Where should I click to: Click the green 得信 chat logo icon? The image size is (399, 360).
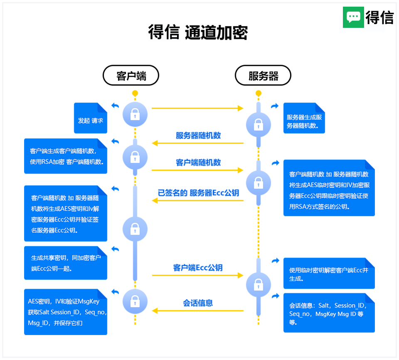pyautogui.click(x=353, y=17)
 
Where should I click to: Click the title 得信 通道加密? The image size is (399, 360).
pyautogui.click(x=198, y=32)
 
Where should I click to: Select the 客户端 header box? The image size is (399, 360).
pyautogui.click(x=131, y=76)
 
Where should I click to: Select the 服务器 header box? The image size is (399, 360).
pyautogui.click(x=263, y=76)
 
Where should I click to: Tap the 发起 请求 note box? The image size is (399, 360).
pyautogui.click(x=90, y=120)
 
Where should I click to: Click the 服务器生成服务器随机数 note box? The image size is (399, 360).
pyautogui.click(x=304, y=121)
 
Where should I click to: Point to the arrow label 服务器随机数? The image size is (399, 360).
pyautogui.click(x=198, y=136)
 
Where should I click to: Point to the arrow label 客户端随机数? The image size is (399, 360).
pyautogui.click(x=198, y=162)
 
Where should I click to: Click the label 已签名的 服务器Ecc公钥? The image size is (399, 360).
pyautogui.click(x=198, y=193)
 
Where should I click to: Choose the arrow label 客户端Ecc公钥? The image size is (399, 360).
pyautogui.click(x=198, y=268)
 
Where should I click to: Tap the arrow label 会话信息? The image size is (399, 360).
pyautogui.click(x=198, y=303)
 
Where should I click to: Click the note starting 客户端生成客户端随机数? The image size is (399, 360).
pyautogui.click(x=66, y=156)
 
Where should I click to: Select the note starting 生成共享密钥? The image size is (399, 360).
pyautogui.click(x=66, y=263)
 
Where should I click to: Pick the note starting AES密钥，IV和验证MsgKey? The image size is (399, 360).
pyautogui.click(x=66, y=312)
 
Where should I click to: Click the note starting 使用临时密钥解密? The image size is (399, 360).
pyautogui.click(x=329, y=274)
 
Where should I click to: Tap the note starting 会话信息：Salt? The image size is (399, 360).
pyautogui.click(x=329, y=313)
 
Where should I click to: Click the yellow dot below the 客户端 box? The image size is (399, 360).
pyautogui.click(x=135, y=93)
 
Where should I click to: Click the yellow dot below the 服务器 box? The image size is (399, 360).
pyautogui.click(x=259, y=93)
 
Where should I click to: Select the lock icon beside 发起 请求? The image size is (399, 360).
pyautogui.click(x=135, y=114)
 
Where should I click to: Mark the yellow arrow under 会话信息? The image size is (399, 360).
pyautogui.click(x=198, y=311)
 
